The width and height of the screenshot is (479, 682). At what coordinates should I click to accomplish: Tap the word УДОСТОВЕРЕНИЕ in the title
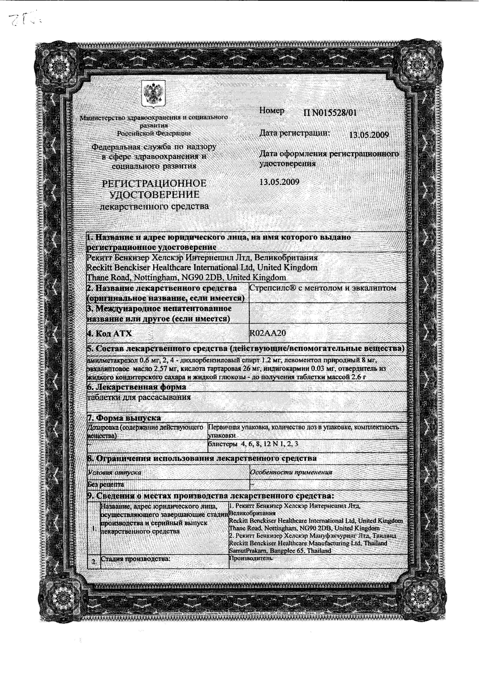(154, 195)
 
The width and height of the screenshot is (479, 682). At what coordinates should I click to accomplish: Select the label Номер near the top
(272, 110)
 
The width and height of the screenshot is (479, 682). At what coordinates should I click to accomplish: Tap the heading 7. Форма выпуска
(124, 418)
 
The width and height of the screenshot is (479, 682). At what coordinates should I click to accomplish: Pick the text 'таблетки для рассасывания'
(139, 397)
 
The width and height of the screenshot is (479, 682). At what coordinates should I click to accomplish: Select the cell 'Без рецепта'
(105, 484)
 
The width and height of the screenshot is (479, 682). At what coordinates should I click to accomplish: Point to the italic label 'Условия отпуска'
(114, 473)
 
